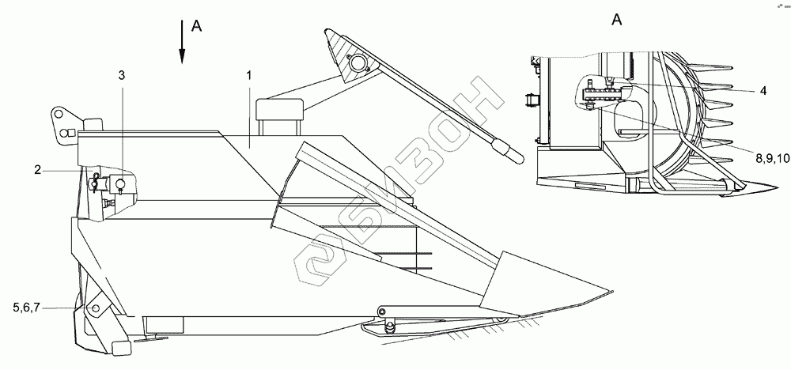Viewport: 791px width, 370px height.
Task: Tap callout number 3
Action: click(x=121, y=74)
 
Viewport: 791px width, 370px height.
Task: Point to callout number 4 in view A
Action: click(x=763, y=91)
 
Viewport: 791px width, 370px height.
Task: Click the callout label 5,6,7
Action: click(x=27, y=308)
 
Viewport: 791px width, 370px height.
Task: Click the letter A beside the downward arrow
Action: click(x=198, y=26)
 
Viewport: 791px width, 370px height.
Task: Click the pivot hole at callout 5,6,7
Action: click(x=95, y=308)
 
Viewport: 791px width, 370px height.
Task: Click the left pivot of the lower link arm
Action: click(x=382, y=309)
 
